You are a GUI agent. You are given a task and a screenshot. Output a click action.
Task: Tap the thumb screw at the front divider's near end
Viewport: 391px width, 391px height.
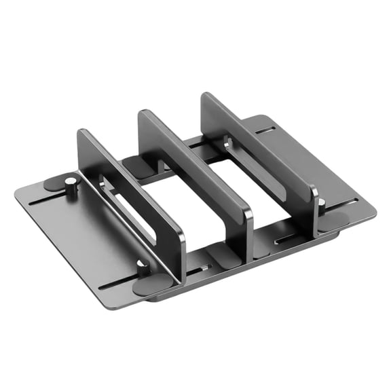[142, 267]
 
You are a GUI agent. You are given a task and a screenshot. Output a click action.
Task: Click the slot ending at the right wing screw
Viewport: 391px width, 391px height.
[343, 204]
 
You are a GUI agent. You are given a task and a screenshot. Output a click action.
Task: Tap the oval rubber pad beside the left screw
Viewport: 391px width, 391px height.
[54, 183]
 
